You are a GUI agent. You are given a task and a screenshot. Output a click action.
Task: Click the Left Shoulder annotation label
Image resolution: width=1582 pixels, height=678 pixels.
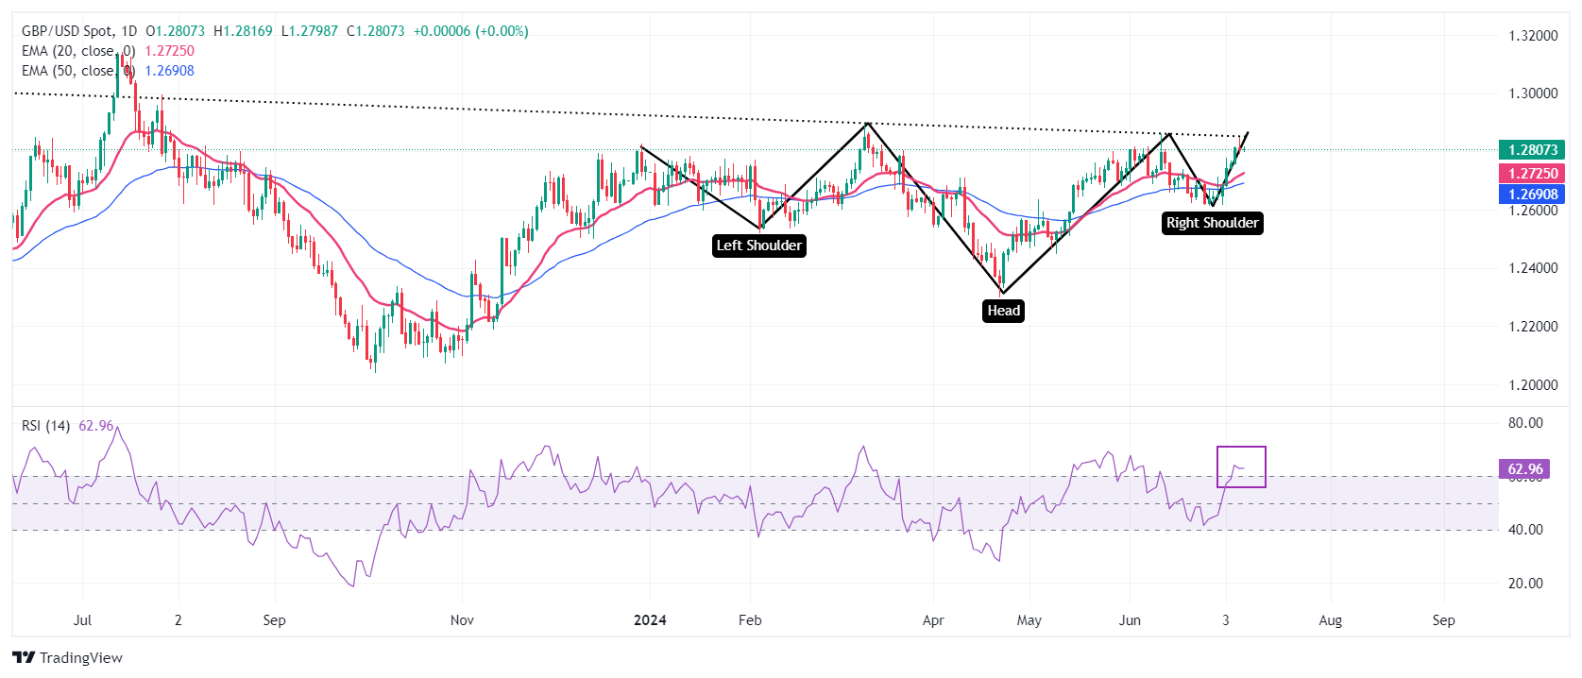coord(759,246)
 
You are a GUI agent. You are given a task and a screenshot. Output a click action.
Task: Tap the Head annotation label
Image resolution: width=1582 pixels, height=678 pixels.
coord(1003,311)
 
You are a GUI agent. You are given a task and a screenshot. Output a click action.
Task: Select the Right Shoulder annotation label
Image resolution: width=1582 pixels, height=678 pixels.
coord(1212,223)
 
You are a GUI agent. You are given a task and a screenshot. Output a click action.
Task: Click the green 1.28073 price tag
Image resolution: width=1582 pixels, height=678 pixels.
coord(1531,150)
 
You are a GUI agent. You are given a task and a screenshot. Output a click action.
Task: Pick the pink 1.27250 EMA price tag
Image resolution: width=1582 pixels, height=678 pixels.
coord(1531,174)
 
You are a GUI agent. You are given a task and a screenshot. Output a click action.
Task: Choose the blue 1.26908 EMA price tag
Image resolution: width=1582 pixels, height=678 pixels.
coord(1531,195)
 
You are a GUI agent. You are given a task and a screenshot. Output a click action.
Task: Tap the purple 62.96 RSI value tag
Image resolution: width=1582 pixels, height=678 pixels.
coord(1524,469)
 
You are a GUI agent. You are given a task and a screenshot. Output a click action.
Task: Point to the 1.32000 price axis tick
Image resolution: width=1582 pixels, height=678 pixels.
coord(1532,36)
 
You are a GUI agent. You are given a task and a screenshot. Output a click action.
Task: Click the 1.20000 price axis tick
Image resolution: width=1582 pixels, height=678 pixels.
coord(1532,385)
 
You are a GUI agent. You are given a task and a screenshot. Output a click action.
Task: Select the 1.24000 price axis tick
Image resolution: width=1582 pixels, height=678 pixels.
coord(1532,268)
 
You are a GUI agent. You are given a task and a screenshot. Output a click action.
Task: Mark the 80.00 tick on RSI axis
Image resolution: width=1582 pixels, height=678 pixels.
coord(1525,423)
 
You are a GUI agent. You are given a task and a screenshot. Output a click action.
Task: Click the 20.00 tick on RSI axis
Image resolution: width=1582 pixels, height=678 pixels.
coord(1525,584)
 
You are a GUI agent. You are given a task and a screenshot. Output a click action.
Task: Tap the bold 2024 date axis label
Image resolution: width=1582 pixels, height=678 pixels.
coord(650,620)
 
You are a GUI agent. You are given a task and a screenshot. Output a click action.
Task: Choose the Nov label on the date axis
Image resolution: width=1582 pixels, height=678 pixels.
coord(462,620)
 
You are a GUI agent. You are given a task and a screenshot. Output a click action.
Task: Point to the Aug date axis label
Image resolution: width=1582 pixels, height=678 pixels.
coord(1330,620)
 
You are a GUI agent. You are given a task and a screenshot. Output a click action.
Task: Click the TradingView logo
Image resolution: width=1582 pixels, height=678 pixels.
coord(68,658)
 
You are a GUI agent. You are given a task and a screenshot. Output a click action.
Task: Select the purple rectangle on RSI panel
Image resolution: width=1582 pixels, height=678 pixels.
coord(1241,466)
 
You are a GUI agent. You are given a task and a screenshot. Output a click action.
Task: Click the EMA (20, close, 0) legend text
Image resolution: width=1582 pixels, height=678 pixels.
coord(78,51)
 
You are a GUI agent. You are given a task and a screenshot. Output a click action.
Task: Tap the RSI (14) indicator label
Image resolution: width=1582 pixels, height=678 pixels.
coord(46,426)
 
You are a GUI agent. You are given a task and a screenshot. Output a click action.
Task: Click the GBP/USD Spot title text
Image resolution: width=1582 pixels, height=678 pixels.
coord(65,31)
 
